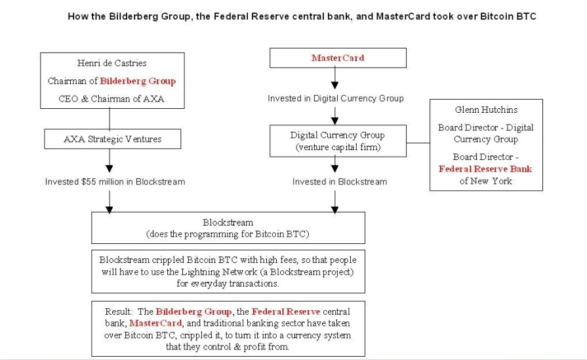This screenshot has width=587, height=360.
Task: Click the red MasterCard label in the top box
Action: click(x=338, y=58)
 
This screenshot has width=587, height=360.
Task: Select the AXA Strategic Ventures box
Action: click(x=113, y=139)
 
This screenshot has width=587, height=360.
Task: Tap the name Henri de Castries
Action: click(x=112, y=63)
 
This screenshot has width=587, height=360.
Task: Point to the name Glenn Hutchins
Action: click(x=486, y=110)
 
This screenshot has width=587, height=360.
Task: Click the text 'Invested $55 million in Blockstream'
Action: click(x=115, y=182)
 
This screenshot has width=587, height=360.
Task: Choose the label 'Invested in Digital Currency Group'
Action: click(x=336, y=98)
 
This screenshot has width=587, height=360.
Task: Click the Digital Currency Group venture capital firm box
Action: click(x=338, y=141)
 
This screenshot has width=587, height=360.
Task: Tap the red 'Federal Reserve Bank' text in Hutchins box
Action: click(x=485, y=169)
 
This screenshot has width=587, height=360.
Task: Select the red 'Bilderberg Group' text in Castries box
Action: click(x=138, y=81)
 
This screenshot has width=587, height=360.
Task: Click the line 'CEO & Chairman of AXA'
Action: click(x=111, y=99)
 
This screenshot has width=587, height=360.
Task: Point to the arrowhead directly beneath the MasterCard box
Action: click(x=335, y=85)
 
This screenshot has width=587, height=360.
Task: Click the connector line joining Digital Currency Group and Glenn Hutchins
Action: click(x=418, y=142)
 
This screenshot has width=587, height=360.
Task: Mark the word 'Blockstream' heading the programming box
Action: click(x=228, y=222)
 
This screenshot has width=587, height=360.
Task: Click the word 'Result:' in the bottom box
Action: click(x=119, y=311)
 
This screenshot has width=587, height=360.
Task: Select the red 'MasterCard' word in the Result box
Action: click(x=155, y=323)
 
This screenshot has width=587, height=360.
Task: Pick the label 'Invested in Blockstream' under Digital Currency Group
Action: click(x=340, y=182)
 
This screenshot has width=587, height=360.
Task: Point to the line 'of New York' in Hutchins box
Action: click(x=486, y=181)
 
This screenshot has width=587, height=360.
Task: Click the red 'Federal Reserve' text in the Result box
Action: click(x=286, y=311)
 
